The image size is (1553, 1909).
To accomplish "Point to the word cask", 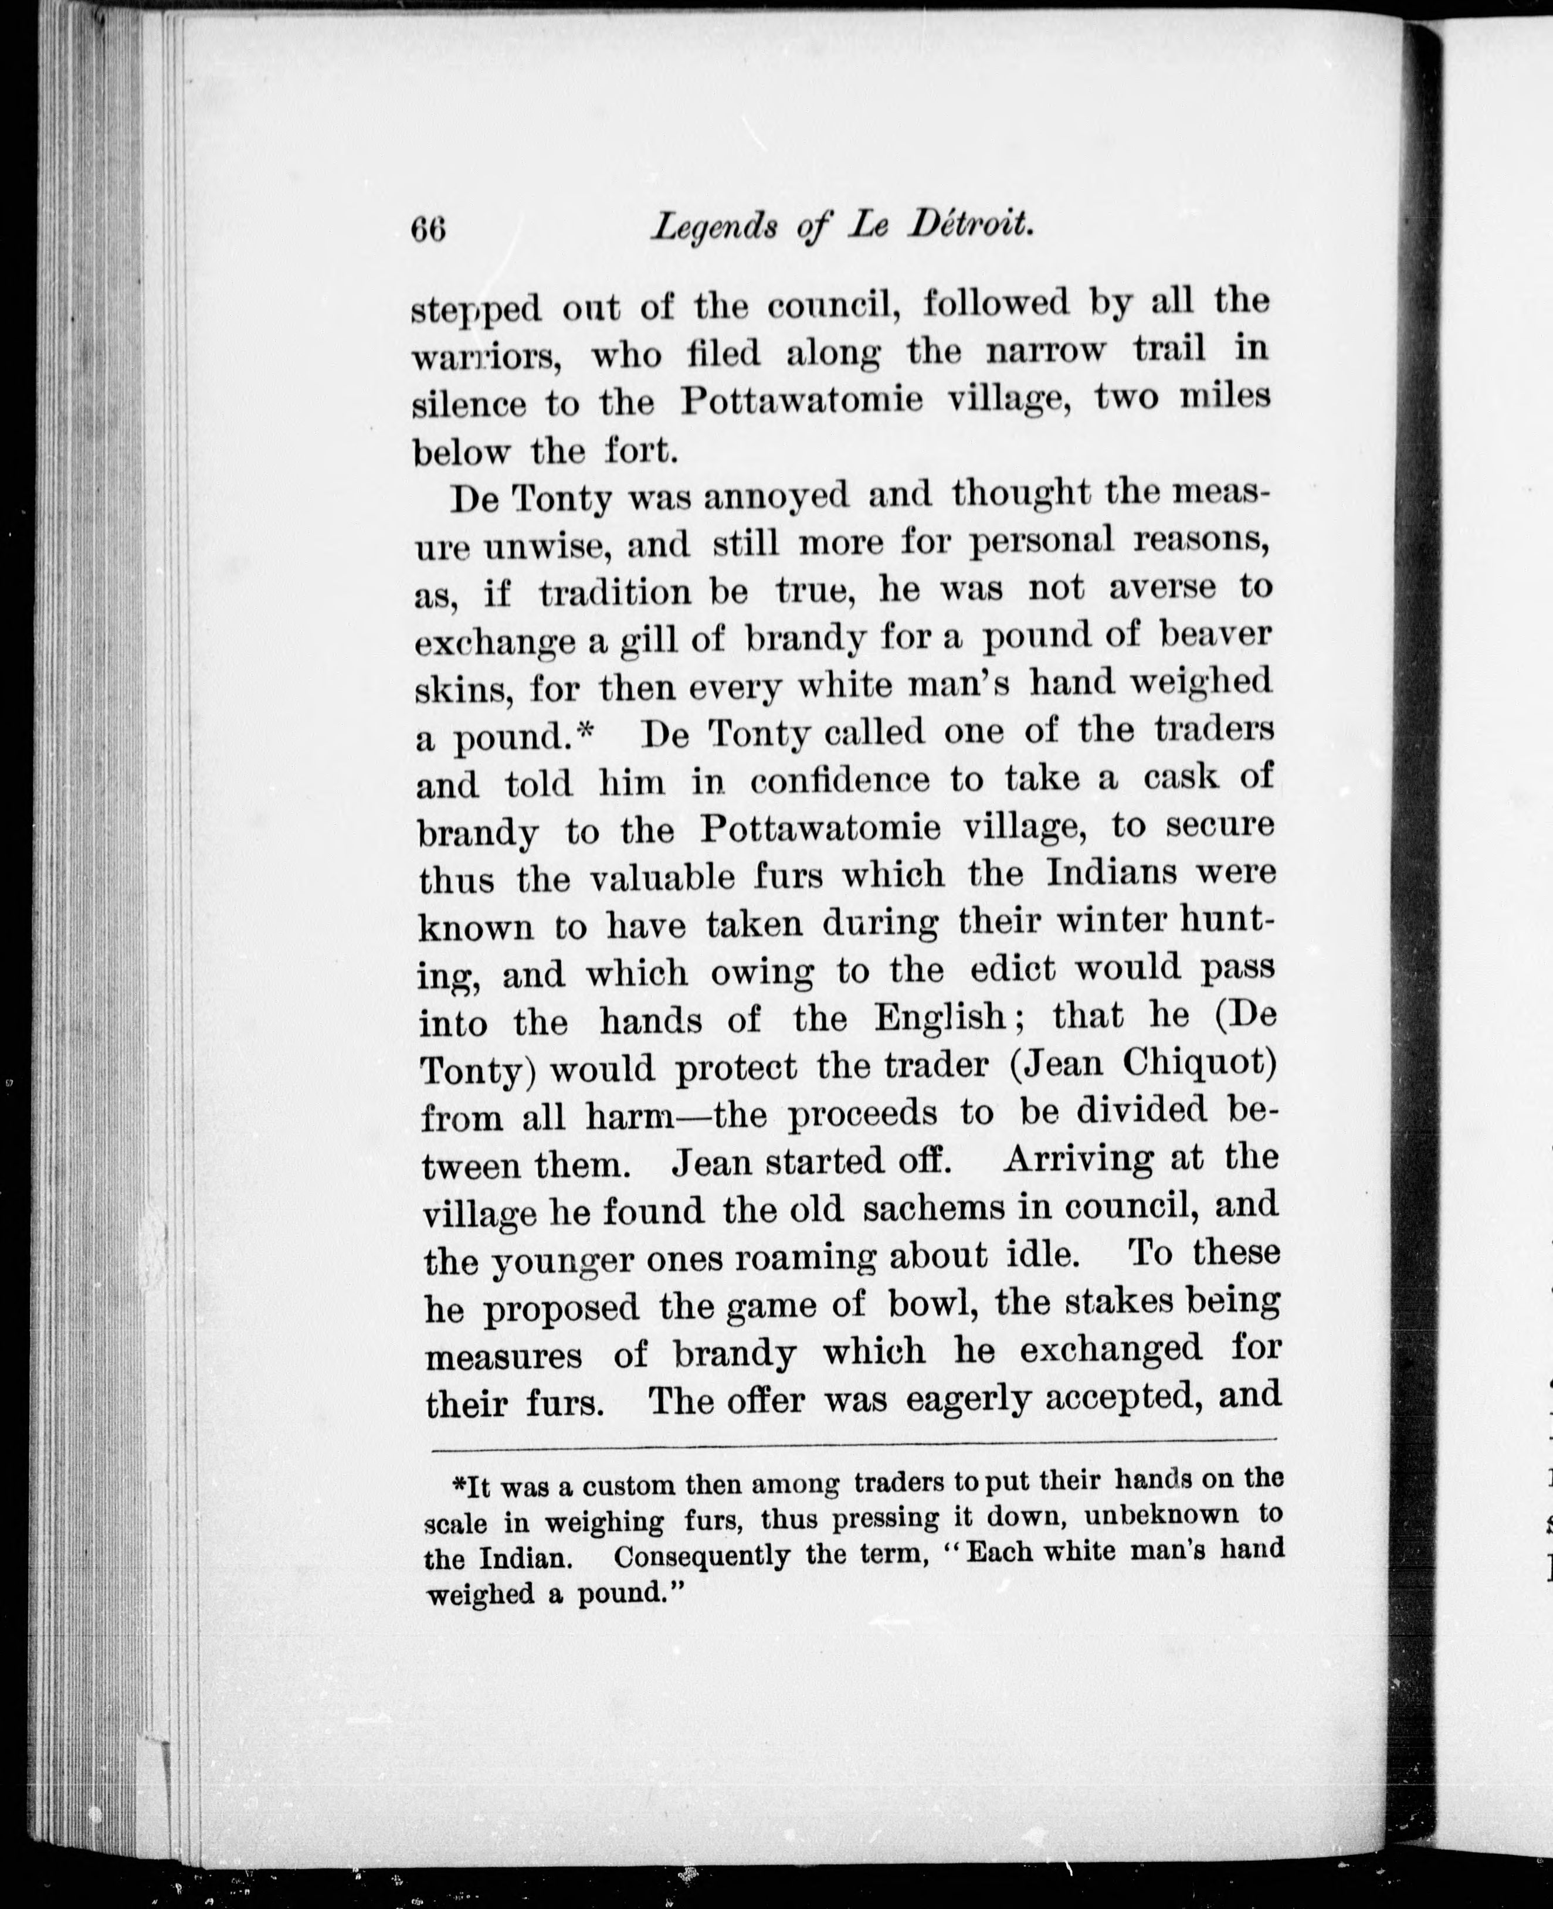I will coord(1181,776).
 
